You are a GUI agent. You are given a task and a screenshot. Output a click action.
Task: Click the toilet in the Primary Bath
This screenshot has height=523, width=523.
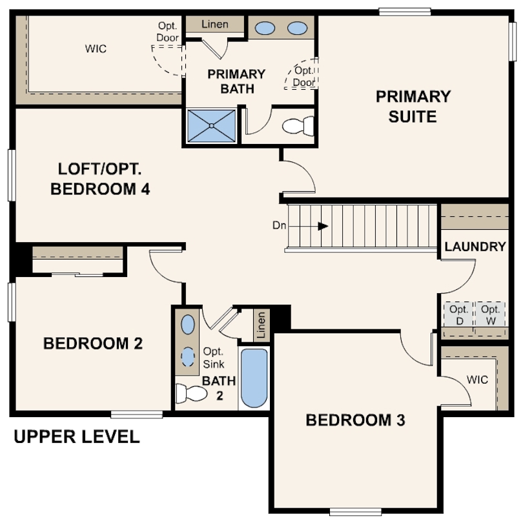pos(298,126)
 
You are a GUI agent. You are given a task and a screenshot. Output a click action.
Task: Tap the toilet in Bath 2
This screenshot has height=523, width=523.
pos(191,393)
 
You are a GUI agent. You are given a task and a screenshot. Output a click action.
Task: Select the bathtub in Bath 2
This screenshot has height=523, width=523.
pos(254,378)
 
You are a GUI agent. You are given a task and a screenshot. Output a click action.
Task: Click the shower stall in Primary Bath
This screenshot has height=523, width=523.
pos(212,126)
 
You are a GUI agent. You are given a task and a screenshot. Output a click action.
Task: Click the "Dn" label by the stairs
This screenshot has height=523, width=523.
pos(279,225)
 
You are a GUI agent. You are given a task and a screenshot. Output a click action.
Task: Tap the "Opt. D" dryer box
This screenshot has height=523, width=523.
pos(459,314)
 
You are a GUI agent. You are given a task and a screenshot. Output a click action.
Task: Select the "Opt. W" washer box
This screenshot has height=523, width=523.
pos(490,314)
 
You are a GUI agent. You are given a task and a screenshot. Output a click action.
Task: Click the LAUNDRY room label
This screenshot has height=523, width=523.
pos(475,247)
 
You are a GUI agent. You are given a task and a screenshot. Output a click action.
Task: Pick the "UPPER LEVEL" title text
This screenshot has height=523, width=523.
pos(77,437)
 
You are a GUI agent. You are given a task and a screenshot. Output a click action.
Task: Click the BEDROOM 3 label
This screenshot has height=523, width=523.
pos(355,420)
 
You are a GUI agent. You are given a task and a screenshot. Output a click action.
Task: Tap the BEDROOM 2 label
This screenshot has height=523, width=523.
pos(93,344)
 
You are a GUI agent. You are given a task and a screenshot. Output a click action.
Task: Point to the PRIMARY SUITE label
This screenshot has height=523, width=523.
pos(413,107)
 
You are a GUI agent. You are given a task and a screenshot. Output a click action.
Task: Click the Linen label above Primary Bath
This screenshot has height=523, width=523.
pos(215,25)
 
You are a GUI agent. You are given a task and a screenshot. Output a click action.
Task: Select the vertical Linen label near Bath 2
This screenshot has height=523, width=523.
pos(261,325)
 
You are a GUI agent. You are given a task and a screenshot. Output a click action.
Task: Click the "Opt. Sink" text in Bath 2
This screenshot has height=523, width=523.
pos(214,358)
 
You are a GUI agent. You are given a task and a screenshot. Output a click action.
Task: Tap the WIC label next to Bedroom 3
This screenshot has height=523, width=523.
pos(477,380)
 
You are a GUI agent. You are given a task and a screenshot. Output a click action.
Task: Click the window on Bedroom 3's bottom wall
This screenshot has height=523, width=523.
pos(356,511)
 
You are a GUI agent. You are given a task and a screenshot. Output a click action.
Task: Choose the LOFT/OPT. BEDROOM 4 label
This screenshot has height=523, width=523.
pos(100,179)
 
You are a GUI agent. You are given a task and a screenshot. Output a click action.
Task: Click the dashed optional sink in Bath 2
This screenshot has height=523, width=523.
pos(188,356)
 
